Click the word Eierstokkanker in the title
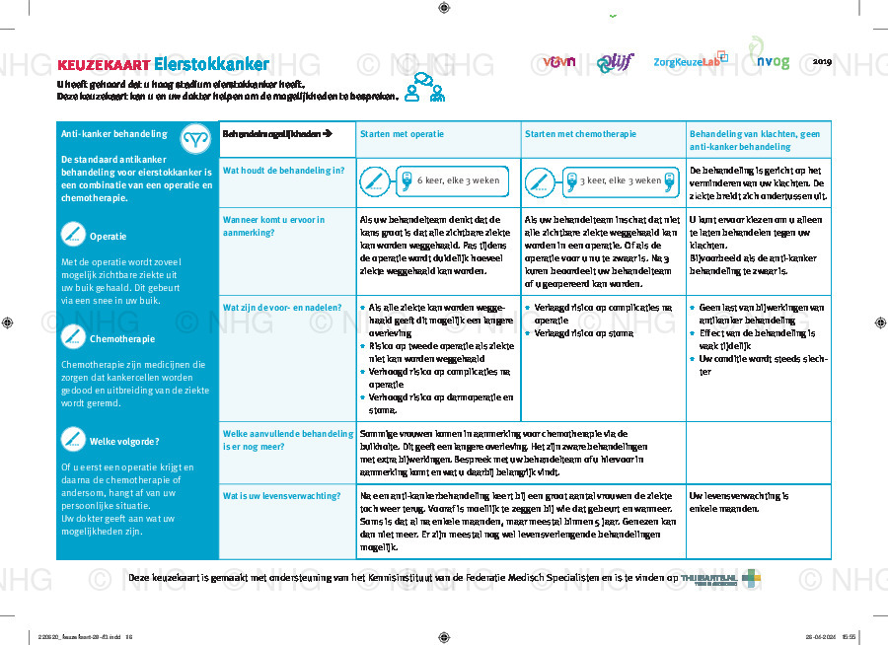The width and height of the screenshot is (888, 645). click(x=211, y=65)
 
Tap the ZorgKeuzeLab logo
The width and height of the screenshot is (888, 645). click(x=690, y=61)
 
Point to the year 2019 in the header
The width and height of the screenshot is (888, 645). click(x=823, y=61)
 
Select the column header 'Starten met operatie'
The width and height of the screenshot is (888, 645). click(x=402, y=134)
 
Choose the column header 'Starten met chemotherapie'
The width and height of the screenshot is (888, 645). click(x=580, y=134)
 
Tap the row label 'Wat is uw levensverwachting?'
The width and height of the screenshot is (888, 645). click(x=276, y=496)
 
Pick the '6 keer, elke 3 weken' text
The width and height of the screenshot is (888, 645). click(x=458, y=180)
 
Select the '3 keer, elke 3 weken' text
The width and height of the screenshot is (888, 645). click(x=620, y=180)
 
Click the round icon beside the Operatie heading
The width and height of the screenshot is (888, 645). click(x=72, y=235)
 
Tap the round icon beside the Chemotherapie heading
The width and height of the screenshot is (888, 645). click(x=72, y=337)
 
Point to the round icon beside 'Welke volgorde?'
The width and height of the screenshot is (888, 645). click(x=72, y=439)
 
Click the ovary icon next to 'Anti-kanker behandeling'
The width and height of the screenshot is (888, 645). click(x=196, y=136)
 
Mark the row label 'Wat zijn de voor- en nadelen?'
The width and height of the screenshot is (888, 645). click(x=282, y=308)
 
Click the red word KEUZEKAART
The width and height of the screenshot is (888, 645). click(x=103, y=66)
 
